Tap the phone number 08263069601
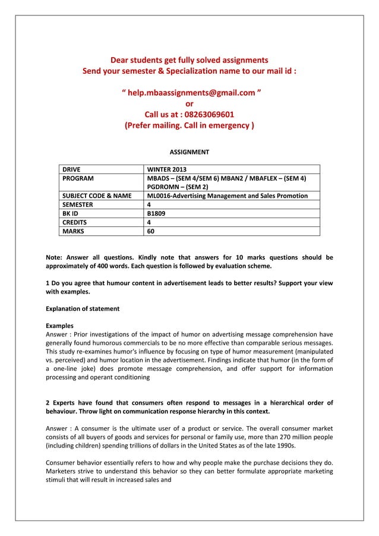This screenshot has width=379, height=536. pos(190,115)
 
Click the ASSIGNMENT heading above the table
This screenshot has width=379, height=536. pos(190,153)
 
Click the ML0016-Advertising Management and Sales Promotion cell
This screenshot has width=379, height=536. pos(227,196)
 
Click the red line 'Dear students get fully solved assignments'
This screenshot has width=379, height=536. pos(190,60)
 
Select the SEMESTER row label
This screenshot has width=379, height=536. pos(79,204)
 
